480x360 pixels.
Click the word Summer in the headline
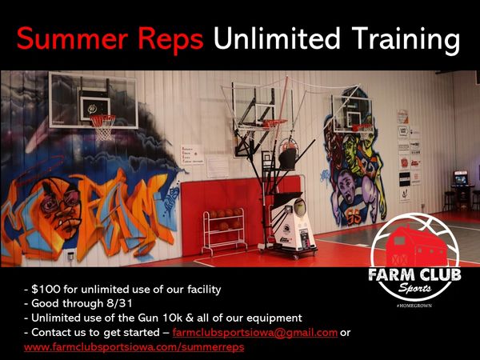72,38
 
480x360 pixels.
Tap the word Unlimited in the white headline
277,38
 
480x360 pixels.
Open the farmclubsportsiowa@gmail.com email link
255,333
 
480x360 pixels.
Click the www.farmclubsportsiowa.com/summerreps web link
134,347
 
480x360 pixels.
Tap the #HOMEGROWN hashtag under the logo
414,306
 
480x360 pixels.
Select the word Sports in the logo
414,288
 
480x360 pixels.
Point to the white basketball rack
224,230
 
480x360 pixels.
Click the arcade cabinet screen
461,179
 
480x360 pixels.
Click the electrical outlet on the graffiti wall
70,255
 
